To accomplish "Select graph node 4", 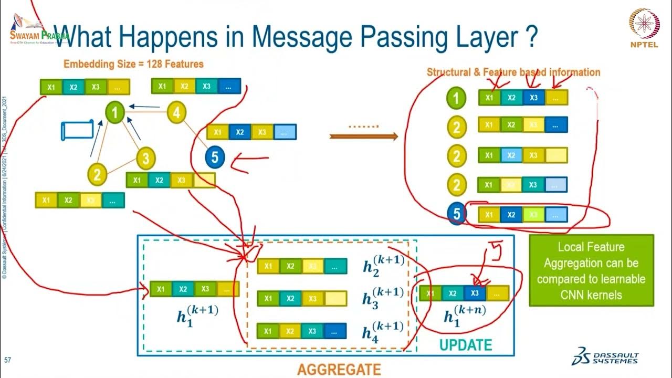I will pos(177,112).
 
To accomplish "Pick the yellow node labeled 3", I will pos(146,157).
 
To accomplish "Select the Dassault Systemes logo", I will pos(605,355).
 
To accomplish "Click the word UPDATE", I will pos(465,345).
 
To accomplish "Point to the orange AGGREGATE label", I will pos(339,370).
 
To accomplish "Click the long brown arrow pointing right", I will pos(363,136).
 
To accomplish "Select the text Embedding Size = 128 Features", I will pos(133,64).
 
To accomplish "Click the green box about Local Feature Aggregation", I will pos(591,270).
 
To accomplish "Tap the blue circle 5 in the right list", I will pos(457,214).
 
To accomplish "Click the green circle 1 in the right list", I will pos(457,98).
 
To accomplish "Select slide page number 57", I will pos(7,361).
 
